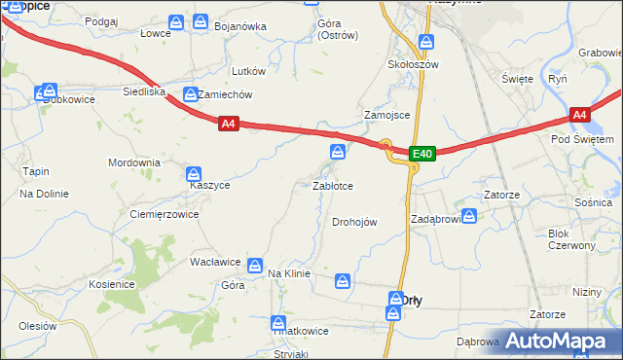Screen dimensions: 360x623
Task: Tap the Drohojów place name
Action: click(354, 222)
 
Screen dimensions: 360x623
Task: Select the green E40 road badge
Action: click(421, 154)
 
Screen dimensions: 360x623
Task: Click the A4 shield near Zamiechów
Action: click(227, 125)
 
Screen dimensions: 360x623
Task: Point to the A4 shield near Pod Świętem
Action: click(579, 115)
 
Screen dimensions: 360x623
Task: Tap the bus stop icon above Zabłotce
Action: click(337, 151)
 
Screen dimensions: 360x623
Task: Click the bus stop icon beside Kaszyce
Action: click(194, 172)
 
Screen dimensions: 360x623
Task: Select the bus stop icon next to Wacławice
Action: click(255, 264)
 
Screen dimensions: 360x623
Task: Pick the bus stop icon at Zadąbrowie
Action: click(468, 216)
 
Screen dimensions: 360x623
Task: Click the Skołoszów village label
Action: click(415, 64)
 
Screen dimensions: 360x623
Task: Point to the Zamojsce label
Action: click(386, 114)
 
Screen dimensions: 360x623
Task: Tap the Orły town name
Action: click(411, 300)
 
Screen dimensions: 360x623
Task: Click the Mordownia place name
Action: click(133, 162)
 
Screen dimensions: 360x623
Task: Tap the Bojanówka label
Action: click(239, 26)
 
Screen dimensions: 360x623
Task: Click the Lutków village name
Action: click(248, 71)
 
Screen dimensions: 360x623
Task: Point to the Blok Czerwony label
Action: click(571, 239)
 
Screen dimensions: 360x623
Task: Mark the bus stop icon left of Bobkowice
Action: click(41, 92)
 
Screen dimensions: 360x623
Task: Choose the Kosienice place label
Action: click(111, 283)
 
